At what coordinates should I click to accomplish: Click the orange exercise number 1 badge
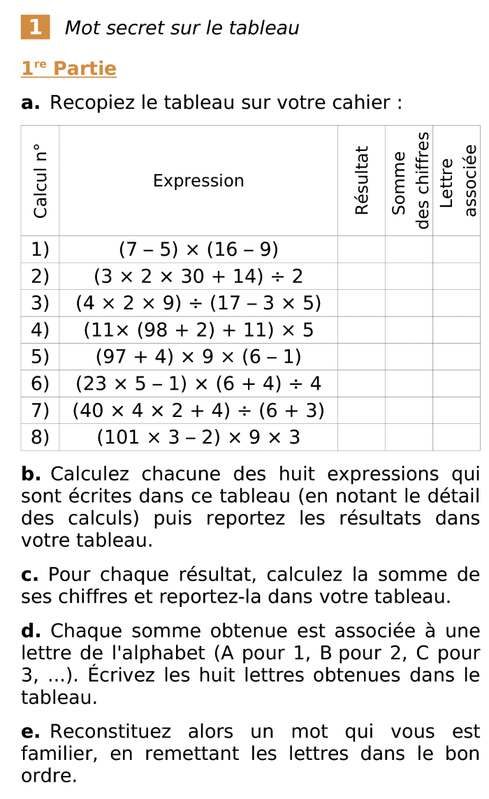36,27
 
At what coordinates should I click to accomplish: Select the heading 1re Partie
68,68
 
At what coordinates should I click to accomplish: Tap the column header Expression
198,181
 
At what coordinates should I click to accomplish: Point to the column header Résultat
361,180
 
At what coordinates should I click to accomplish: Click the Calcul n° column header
41,181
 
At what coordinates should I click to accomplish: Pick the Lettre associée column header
458,180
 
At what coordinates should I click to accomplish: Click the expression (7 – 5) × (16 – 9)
198,249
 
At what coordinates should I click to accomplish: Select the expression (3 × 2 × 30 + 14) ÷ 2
198,276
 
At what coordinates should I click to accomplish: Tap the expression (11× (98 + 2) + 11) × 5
198,330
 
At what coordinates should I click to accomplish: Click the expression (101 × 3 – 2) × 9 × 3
198,437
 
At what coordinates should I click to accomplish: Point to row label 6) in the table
41,383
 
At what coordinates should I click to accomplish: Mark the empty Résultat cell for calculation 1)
361,249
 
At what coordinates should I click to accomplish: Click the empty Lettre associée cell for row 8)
456,437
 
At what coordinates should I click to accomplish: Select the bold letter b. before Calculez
31,474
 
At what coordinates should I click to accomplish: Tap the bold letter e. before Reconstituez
30,732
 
